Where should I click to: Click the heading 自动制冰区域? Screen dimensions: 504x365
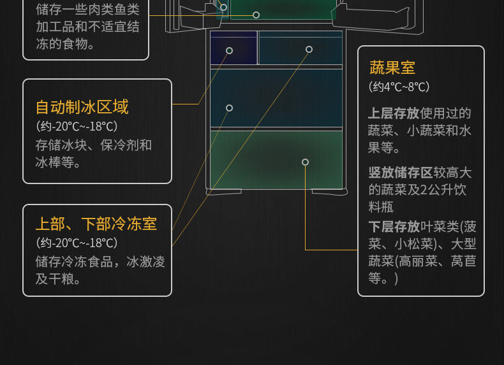coord(82,107)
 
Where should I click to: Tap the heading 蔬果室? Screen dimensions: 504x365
coord(392,68)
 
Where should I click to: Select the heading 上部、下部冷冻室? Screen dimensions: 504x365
coord(96,224)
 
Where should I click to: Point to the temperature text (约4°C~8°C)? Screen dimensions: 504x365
coord(399,87)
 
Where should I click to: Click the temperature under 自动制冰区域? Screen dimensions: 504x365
coord(77,126)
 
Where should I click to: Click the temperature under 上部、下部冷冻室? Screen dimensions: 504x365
coord(77,243)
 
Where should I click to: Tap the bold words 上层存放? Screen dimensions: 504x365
coord(394,113)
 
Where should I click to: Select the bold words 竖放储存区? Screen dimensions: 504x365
coord(401,173)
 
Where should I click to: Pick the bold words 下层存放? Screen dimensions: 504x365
coord(394,227)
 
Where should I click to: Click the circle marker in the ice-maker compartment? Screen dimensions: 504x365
coord(229,50)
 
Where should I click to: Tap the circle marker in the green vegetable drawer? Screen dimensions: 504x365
coord(306,162)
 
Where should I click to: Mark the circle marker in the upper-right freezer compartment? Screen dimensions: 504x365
coord(309,49)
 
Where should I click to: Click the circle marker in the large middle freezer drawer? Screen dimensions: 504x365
coord(229,108)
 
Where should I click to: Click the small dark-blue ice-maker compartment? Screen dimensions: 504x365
coord(233,48)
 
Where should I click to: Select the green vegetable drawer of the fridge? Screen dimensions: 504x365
coord(276,160)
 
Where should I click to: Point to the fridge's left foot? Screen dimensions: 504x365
coord(224,192)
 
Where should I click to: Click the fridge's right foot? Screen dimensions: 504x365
coord(329,192)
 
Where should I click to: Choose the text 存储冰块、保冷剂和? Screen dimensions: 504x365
coord(94,145)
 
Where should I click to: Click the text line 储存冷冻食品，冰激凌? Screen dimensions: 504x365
coord(100,262)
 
